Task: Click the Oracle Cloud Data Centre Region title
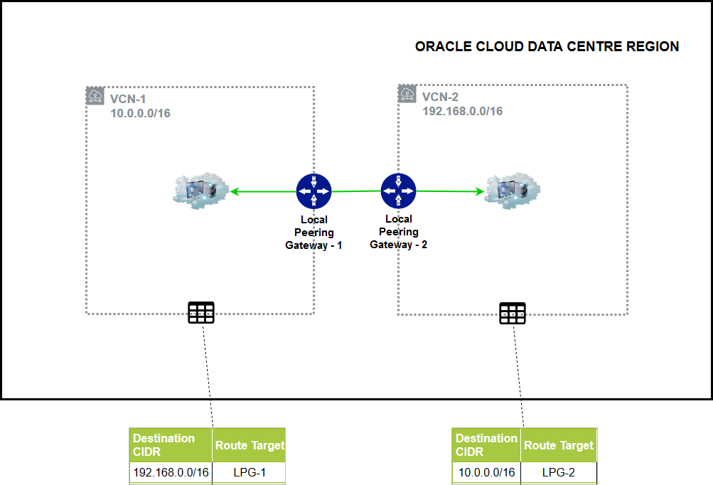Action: tap(547, 47)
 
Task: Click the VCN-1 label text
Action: tap(129, 98)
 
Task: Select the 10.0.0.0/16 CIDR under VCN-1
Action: tap(140, 113)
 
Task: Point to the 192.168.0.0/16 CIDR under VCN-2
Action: tap(462, 111)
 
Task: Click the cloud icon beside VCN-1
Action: tap(95, 96)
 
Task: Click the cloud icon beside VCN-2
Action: tap(407, 94)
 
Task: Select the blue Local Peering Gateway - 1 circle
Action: tap(313, 191)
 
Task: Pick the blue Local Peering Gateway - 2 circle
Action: tap(398, 191)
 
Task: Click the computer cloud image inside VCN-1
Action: tap(200, 190)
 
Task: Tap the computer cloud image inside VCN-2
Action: tap(512, 191)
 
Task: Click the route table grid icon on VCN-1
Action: tap(200, 313)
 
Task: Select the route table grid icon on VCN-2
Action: tap(512, 313)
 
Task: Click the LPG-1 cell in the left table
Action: tap(249, 472)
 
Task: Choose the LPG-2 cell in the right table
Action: tap(559, 472)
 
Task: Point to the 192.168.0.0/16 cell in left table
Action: tap(171, 472)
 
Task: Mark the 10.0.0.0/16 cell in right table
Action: tap(486, 472)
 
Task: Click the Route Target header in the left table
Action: tap(249, 445)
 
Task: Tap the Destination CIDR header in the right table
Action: tap(486, 445)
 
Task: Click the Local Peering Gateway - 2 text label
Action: tap(398, 232)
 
